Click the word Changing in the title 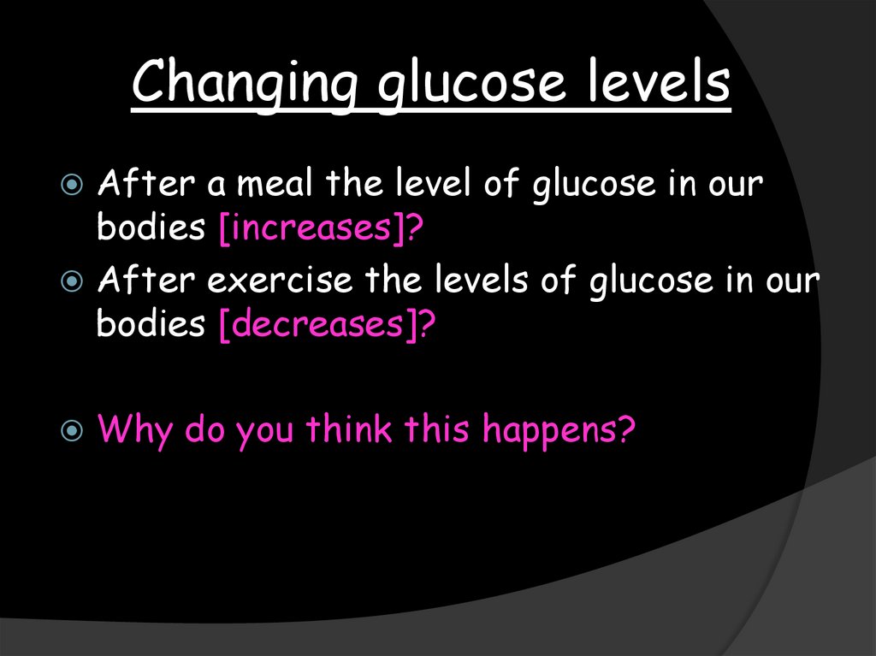tap(243, 85)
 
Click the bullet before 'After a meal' tap(74, 186)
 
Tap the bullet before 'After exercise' tap(74, 281)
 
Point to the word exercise tap(292, 281)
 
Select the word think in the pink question tap(349, 428)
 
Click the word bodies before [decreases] tap(151, 324)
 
